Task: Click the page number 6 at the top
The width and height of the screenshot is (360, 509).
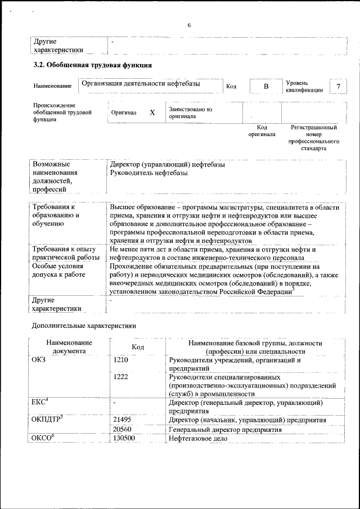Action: point(189,25)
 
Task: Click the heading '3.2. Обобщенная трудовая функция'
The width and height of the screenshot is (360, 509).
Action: point(92,65)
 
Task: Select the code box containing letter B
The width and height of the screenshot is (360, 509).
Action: point(266,86)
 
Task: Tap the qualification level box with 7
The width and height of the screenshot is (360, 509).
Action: point(338,86)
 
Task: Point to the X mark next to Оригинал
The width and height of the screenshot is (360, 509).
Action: point(152,112)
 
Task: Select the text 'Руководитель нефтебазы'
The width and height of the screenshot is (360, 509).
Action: point(149,173)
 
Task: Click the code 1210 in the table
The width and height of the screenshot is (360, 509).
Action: point(121,361)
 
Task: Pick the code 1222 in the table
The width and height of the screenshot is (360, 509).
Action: point(121,377)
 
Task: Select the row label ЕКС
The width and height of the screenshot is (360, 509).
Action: point(39,402)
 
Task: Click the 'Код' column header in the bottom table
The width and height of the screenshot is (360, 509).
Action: point(138,347)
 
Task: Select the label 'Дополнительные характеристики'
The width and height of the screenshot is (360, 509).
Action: point(84,326)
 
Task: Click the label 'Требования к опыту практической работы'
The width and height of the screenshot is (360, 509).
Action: point(64,253)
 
